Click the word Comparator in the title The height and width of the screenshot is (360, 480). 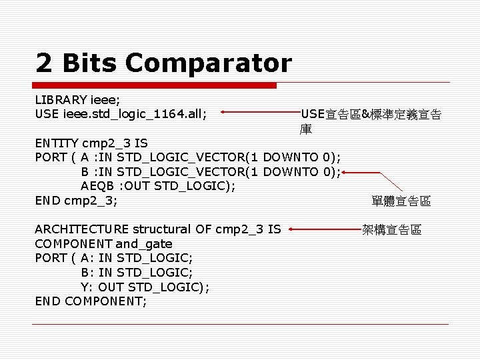tap(208, 64)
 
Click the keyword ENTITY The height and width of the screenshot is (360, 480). tap(57, 143)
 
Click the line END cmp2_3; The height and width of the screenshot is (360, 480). tap(76, 201)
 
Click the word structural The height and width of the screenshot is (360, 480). tap(163, 229)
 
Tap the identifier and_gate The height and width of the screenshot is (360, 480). tap(144, 244)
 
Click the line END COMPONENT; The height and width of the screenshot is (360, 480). tap(91, 301)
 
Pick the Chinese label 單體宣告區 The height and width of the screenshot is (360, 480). tap(401, 201)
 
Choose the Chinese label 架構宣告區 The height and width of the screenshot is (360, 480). tap(391, 230)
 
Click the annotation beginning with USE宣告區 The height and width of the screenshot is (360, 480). tap(371, 115)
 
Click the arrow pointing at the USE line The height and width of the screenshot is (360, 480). tap(260, 113)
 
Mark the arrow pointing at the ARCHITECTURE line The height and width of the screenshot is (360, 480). tap(323, 230)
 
